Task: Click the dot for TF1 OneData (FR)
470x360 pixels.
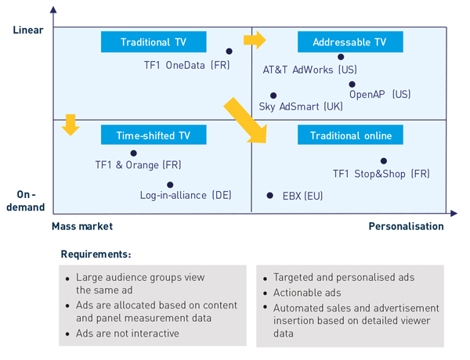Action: coord(229,52)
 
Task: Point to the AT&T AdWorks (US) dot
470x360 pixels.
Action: coord(341,56)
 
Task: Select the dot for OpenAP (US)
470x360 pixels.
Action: coord(352,85)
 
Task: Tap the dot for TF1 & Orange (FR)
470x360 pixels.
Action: coord(133,153)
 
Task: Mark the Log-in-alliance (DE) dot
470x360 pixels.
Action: coord(170,185)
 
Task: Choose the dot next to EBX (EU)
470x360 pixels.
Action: coord(269,196)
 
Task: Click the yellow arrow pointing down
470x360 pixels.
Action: coord(71,124)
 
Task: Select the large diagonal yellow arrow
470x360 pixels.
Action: coord(245,120)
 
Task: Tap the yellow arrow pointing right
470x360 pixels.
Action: coord(255,40)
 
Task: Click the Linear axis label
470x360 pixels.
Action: coord(27,30)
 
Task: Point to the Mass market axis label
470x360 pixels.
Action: coord(82,226)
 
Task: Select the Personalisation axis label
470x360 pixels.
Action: coord(406,226)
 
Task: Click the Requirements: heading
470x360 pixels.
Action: coord(96,254)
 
